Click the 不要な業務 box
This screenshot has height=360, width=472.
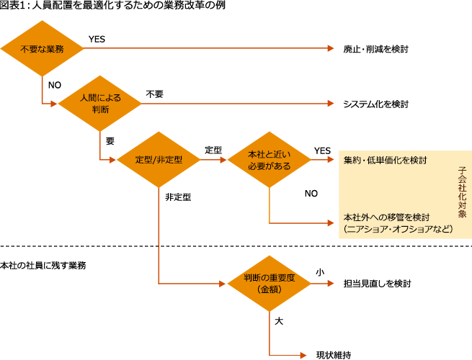pyautogui.click(x=43, y=48)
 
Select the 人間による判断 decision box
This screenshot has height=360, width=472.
pyautogui.click(x=99, y=104)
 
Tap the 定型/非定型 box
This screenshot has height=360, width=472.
pyautogui.click(x=158, y=159)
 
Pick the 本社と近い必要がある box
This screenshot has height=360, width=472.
pyautogui.click(x=270, y=159)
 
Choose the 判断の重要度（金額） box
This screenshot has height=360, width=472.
pyautogui.click(x=270, y=283)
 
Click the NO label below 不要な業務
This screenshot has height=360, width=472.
pyautogui.click(x=54, y=85)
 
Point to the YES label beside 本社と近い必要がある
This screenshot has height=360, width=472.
pyautogui.click(x=322, y=150)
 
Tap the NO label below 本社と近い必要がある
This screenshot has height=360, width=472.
pyautogui.click(x=311, y=194)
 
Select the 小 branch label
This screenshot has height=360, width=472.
pyautogui.click(x=319, y=272)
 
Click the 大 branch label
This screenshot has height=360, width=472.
pyautogui.click(x=279, y=321)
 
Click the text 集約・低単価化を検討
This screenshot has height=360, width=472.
pyautogui.click(x=386, y=160)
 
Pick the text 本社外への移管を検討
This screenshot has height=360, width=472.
pyautogui.click(x=387, y=217)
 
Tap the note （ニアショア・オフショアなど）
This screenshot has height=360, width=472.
pyautogui.click(x=398, y=229)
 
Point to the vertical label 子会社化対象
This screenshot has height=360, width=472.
pyautogui.click(x=462, y=193)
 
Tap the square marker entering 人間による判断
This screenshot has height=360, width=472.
pyautogui.click(x=53, y=104)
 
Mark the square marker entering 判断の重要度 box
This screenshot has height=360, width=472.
pyautogui.click(x=223, y=283)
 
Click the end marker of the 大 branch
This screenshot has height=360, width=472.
pyautogui.click(x=303, y=355)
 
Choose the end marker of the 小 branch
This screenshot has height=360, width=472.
pyautogui.click(x=331, y=283)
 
